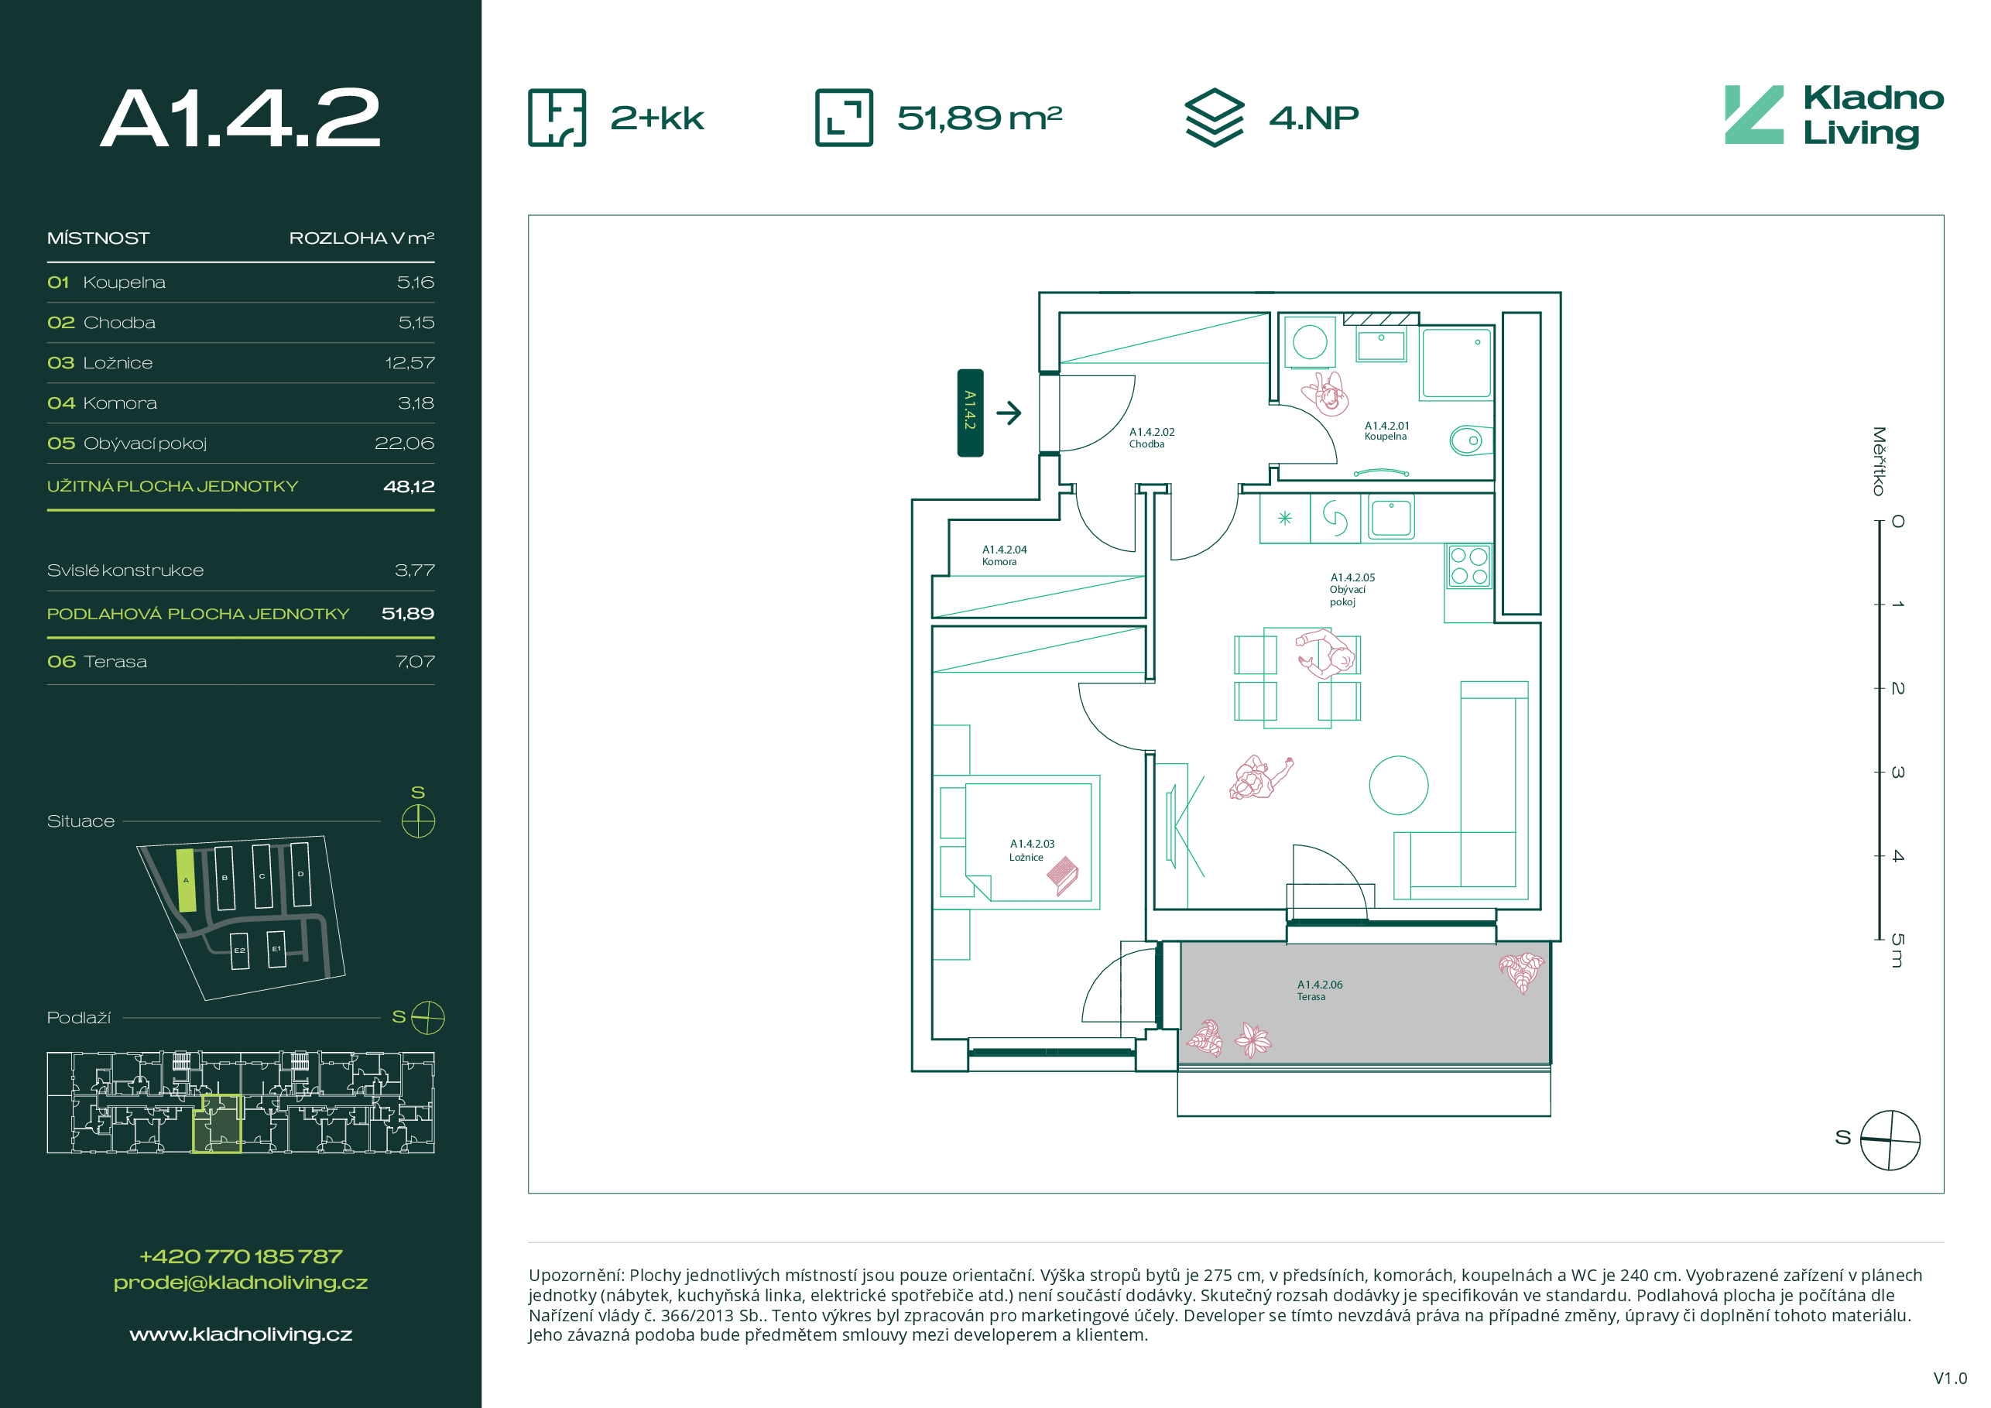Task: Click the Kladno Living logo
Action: (x=1834, y=116)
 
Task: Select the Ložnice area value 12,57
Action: (x=410, y=363)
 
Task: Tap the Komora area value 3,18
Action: (x=416, y=403)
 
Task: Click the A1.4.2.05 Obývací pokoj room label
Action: (x=1352, y=590)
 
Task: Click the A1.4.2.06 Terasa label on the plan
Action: (x=1319, y=990)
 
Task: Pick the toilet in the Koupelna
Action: (x=1471, y=440)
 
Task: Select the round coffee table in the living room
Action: (x=1398, y=785)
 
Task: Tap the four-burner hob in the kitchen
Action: (x=1469, y=566)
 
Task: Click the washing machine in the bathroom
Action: (x=1310, y=341)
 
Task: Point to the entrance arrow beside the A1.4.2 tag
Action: (x=1009, y=413)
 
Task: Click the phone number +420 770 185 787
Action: (x=241, y=1256)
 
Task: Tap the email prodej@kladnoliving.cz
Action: (x=241, y=1283)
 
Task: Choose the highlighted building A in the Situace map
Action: (x=186, y=880)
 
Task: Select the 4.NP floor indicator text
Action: (x=1314, y=118)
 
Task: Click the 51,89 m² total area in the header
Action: (x=979, y=118)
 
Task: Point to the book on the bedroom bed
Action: (x=1062, y=875)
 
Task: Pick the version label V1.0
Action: (x=1950, y=1379)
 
